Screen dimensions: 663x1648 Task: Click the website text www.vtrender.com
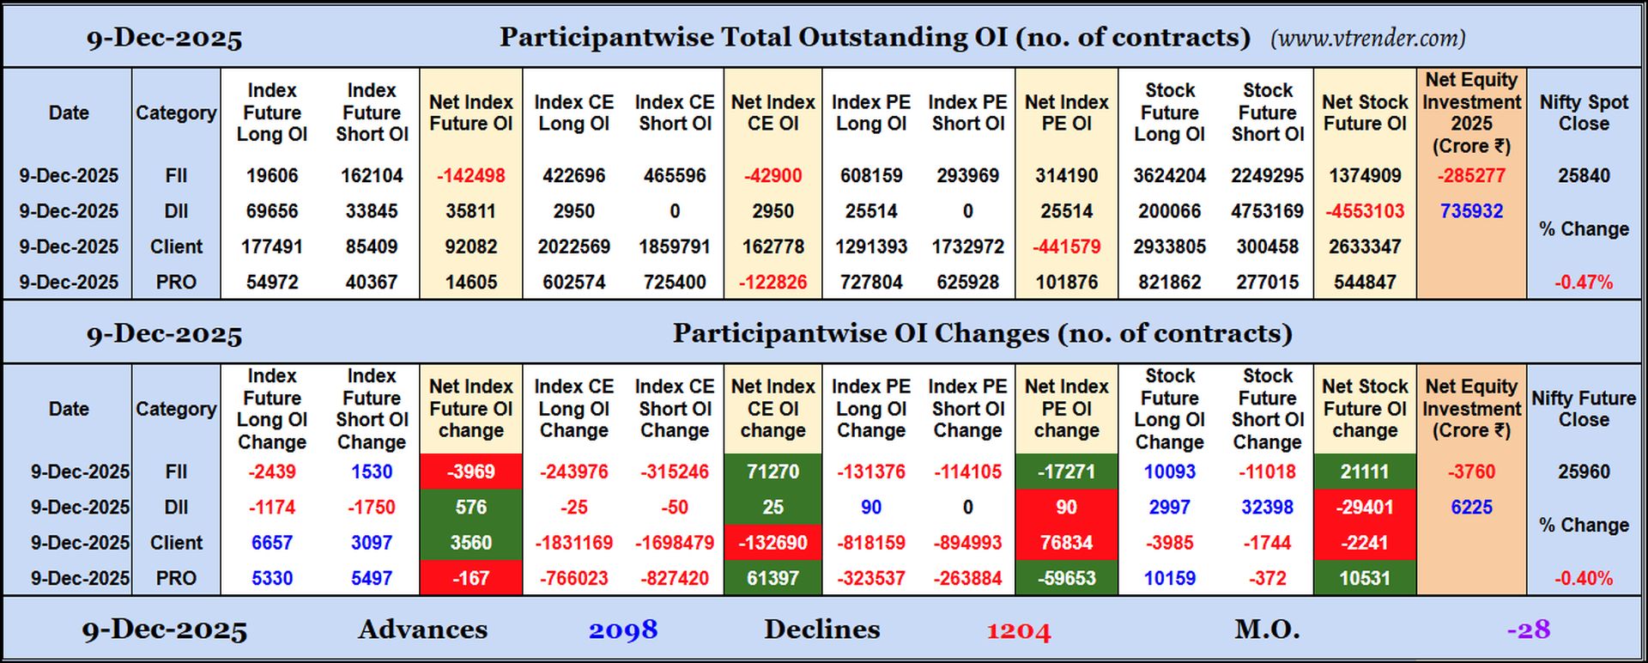point(1367,38)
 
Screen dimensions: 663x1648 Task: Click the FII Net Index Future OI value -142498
point(470,175)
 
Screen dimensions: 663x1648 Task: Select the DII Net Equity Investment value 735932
point(1471,211)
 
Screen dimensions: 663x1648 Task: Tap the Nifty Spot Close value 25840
point(1584,175)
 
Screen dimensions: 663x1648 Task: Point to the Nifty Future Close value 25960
point(1584,471)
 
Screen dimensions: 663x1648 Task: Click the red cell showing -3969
point(470,471)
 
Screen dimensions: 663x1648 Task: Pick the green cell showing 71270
point(772,471)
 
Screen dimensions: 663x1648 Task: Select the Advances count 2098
point(623,630)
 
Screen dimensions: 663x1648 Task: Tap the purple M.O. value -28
point(1529,630)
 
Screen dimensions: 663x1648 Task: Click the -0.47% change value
point(1584,282)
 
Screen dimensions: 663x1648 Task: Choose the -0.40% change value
point(1584,578)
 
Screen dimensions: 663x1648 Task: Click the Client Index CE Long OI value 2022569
point(573,246)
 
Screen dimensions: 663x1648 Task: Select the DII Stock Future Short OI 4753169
point(1267,211)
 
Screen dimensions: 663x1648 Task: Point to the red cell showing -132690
point(772,543)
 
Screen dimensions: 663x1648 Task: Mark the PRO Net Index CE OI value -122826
point(772,282)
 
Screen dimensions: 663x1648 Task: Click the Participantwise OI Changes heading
point(982,333)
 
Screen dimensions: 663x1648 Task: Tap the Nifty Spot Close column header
point(1584,113)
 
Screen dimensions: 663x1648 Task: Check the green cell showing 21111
point(1365,471)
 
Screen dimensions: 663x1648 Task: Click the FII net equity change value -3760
point(1471,471)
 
